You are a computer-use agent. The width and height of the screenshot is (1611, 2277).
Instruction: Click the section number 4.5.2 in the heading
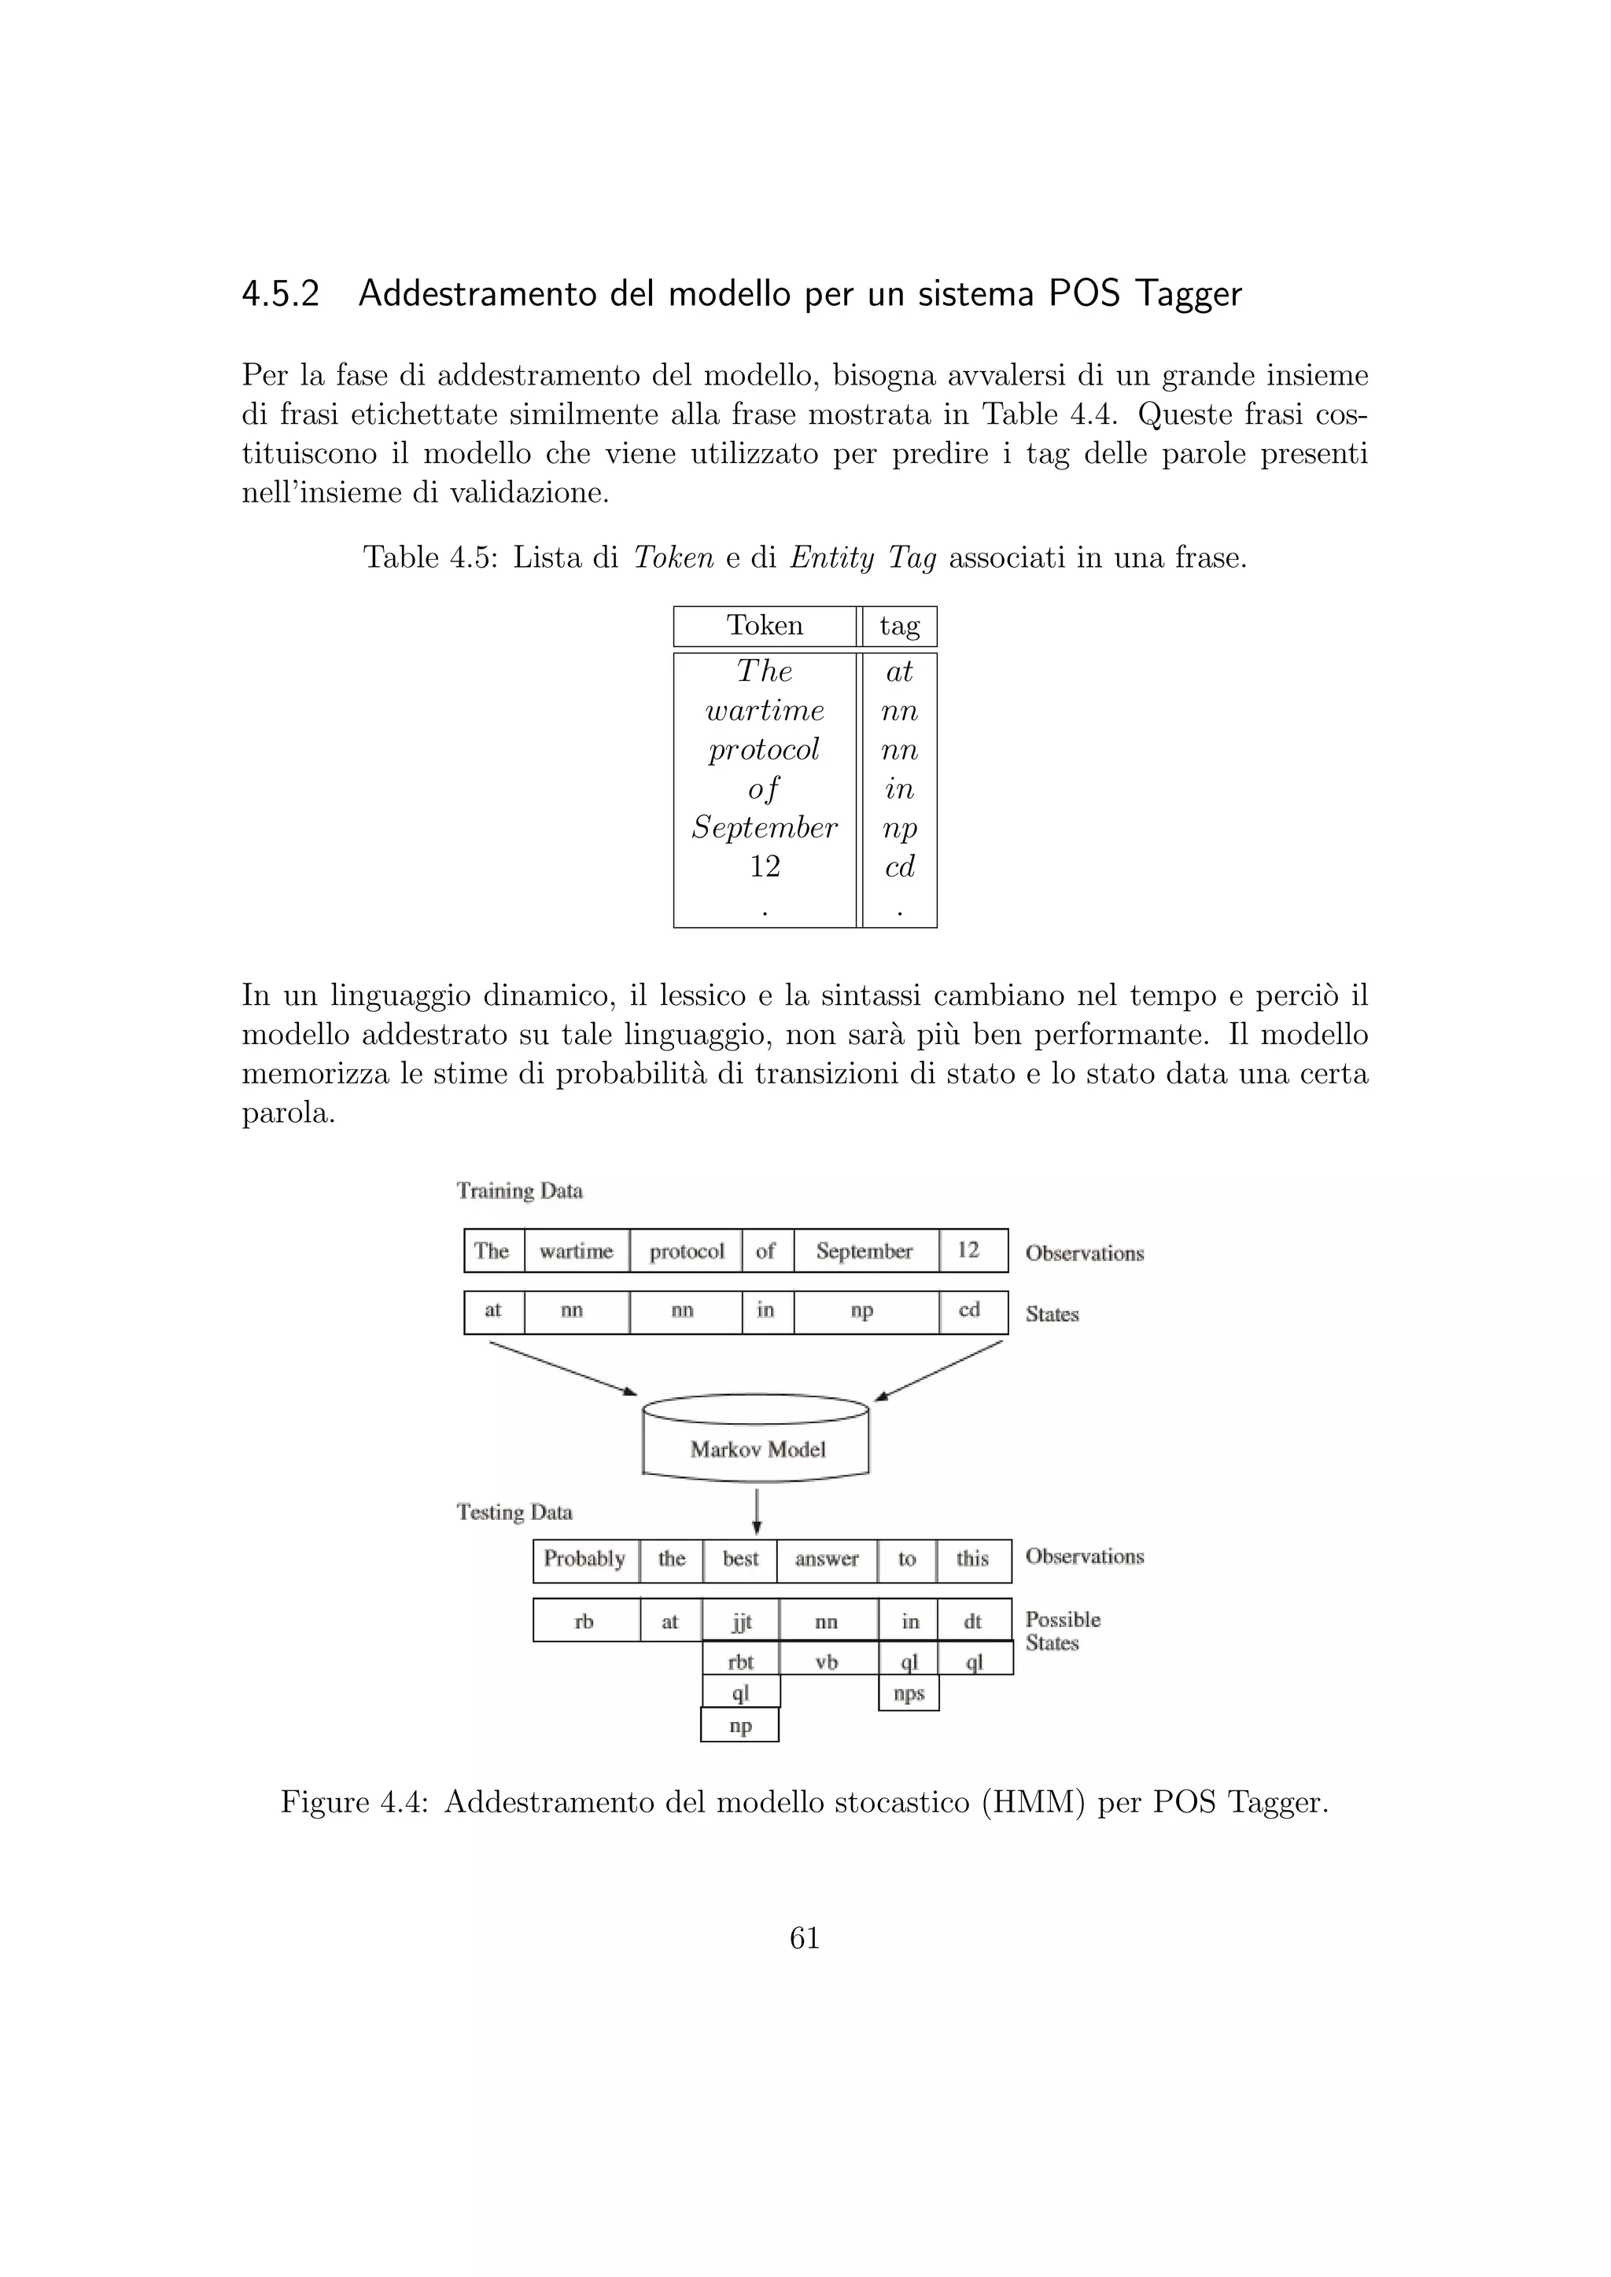tap(281, 295)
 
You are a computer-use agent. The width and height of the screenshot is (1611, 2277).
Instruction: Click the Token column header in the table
tap(765, 626)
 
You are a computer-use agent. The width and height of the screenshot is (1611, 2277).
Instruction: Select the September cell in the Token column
tap(765, 828)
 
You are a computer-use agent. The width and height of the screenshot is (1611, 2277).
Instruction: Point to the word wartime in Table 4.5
tap(765, 711)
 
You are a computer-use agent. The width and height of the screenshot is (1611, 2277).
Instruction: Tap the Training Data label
tap(520, 1191)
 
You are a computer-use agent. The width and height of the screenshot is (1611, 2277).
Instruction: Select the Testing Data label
tap(515, 1513)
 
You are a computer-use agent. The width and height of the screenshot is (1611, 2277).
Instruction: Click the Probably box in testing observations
tap(585, 1560)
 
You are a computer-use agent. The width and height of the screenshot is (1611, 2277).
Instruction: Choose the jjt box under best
tap(741, 1621)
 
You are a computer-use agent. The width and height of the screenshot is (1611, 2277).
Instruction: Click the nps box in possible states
tap(909, 1693)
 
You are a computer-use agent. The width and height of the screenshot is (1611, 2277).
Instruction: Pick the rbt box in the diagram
tap(741, 1662)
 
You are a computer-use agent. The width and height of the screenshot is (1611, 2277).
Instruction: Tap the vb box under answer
tap(828, 1662)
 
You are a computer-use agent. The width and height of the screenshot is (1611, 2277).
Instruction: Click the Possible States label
tap(1063, 1631)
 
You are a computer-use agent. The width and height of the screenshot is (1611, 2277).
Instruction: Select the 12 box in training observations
tap(969, 1251)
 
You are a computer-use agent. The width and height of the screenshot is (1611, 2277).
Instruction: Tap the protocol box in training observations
tap(687, 1252)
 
